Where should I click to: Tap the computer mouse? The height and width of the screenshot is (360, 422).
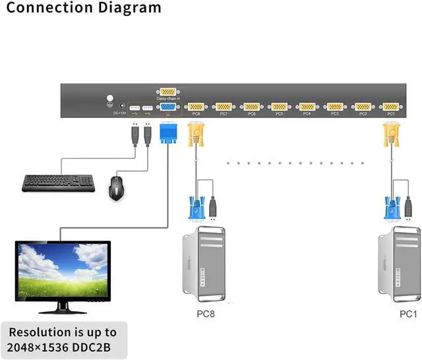click(x=118, y=187)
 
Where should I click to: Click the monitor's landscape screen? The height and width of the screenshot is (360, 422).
click(x=63, y=271)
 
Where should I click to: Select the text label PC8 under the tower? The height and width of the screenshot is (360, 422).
click(x=205, y=313)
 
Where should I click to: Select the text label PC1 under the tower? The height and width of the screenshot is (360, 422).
click(x=409, y=313)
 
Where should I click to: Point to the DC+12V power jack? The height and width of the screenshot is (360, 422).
click(x=111, y=102)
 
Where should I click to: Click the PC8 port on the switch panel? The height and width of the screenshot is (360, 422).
click(x=196, y=106)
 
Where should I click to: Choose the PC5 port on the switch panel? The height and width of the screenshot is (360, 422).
click(x=279, y=106)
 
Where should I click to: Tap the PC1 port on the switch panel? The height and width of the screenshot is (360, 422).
click(x=390, y=106)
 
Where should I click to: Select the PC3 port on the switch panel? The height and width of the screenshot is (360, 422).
click(x=334, y=106)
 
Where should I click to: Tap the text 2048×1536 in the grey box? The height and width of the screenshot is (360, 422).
click(x=33, y=347)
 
